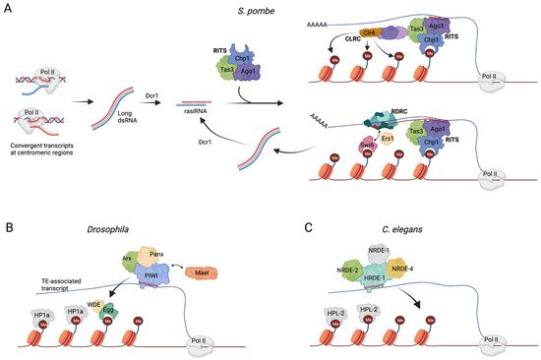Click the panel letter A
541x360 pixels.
7,7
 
